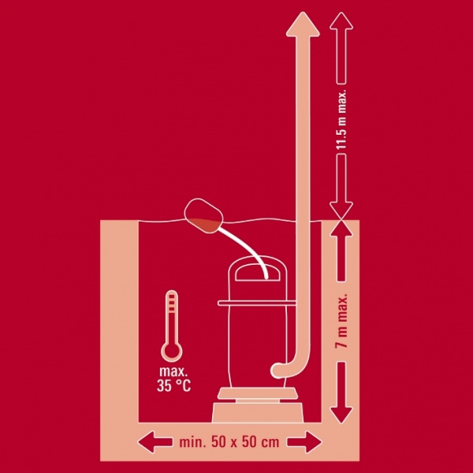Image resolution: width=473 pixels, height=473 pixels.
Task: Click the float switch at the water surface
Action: click(x=203, y=216)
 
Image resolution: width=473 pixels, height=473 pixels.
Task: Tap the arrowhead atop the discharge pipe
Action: click(x=303, y=24)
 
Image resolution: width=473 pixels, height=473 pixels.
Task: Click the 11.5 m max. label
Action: click(x=341, y=119)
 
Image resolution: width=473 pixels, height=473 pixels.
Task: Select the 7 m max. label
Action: click(x=341, y=321)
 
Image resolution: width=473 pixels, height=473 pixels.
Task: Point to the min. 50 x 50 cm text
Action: click(x=229, y=442)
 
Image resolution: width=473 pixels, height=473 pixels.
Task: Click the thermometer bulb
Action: click(x=172, y=352)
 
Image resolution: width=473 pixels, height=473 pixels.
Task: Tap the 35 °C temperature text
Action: click(x=173, y=385)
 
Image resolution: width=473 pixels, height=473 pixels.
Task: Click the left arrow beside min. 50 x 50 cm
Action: click(x=155, y=442)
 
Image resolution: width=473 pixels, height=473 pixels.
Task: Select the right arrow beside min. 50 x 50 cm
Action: click(x=304, y=442)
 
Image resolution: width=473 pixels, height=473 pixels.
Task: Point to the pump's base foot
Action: click(x=258, y=412)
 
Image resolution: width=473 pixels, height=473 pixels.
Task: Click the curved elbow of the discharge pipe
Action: click(x=288, y=367)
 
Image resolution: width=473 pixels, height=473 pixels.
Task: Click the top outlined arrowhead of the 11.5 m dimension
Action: click(x=341, y=20)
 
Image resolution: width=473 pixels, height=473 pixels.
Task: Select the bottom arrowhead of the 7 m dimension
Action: click(x=341, y=415)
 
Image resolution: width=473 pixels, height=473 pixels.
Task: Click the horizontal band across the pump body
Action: click(x=257, y=303)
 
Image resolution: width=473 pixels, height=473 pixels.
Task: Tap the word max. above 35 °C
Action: click(x=173, y=371)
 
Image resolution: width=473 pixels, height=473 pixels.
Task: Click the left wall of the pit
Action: click(x=119, y=322)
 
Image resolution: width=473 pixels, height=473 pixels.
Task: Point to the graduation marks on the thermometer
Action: click(x=172, y=302)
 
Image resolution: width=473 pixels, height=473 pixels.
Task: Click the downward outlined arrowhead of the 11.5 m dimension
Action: click(x=341, y=210)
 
